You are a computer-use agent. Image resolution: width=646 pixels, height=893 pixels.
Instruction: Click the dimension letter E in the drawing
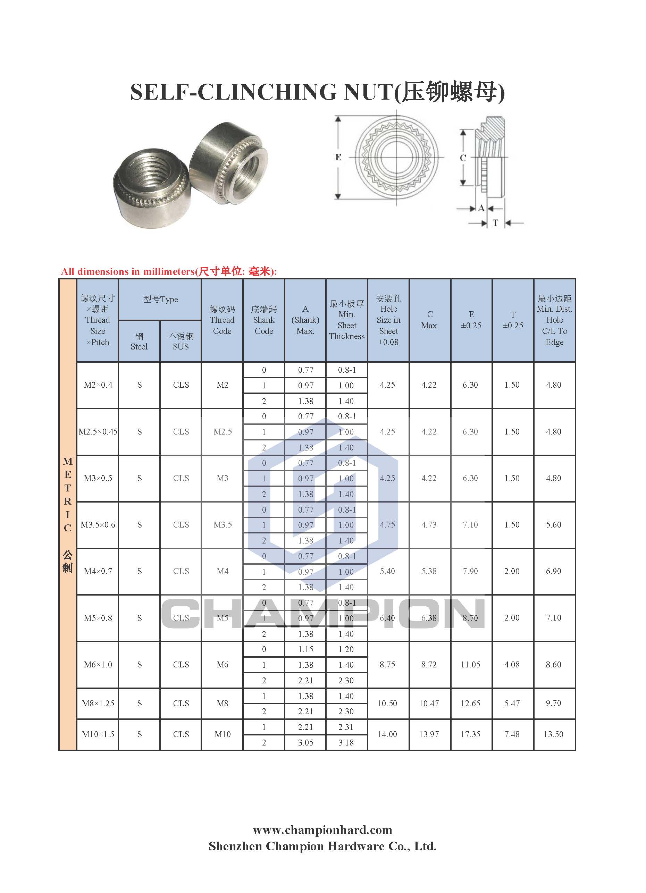338,157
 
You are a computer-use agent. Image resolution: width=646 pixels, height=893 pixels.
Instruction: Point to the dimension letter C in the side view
463,158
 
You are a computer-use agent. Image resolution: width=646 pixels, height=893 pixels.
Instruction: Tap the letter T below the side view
495,223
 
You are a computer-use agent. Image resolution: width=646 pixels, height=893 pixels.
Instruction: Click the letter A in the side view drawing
481,208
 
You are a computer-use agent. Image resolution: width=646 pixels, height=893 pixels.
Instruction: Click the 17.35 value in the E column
471,734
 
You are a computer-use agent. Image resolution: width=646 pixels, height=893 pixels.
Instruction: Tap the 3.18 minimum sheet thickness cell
346,743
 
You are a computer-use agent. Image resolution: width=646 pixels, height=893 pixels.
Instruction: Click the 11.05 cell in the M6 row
471,664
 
